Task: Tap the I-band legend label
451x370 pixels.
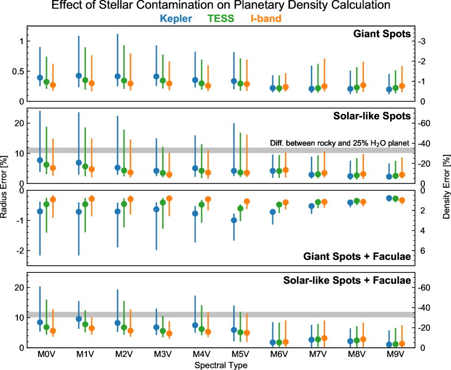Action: (x=266, y=19)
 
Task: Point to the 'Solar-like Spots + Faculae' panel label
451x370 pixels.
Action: (x=346, y=280)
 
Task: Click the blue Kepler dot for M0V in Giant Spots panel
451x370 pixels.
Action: (x=40, y=78)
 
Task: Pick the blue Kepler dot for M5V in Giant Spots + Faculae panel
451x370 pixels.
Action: (x=219, y=220)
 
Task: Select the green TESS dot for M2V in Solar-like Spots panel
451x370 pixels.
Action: (x=124, y=170)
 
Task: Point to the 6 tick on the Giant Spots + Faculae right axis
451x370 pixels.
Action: (x=421, y=251)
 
